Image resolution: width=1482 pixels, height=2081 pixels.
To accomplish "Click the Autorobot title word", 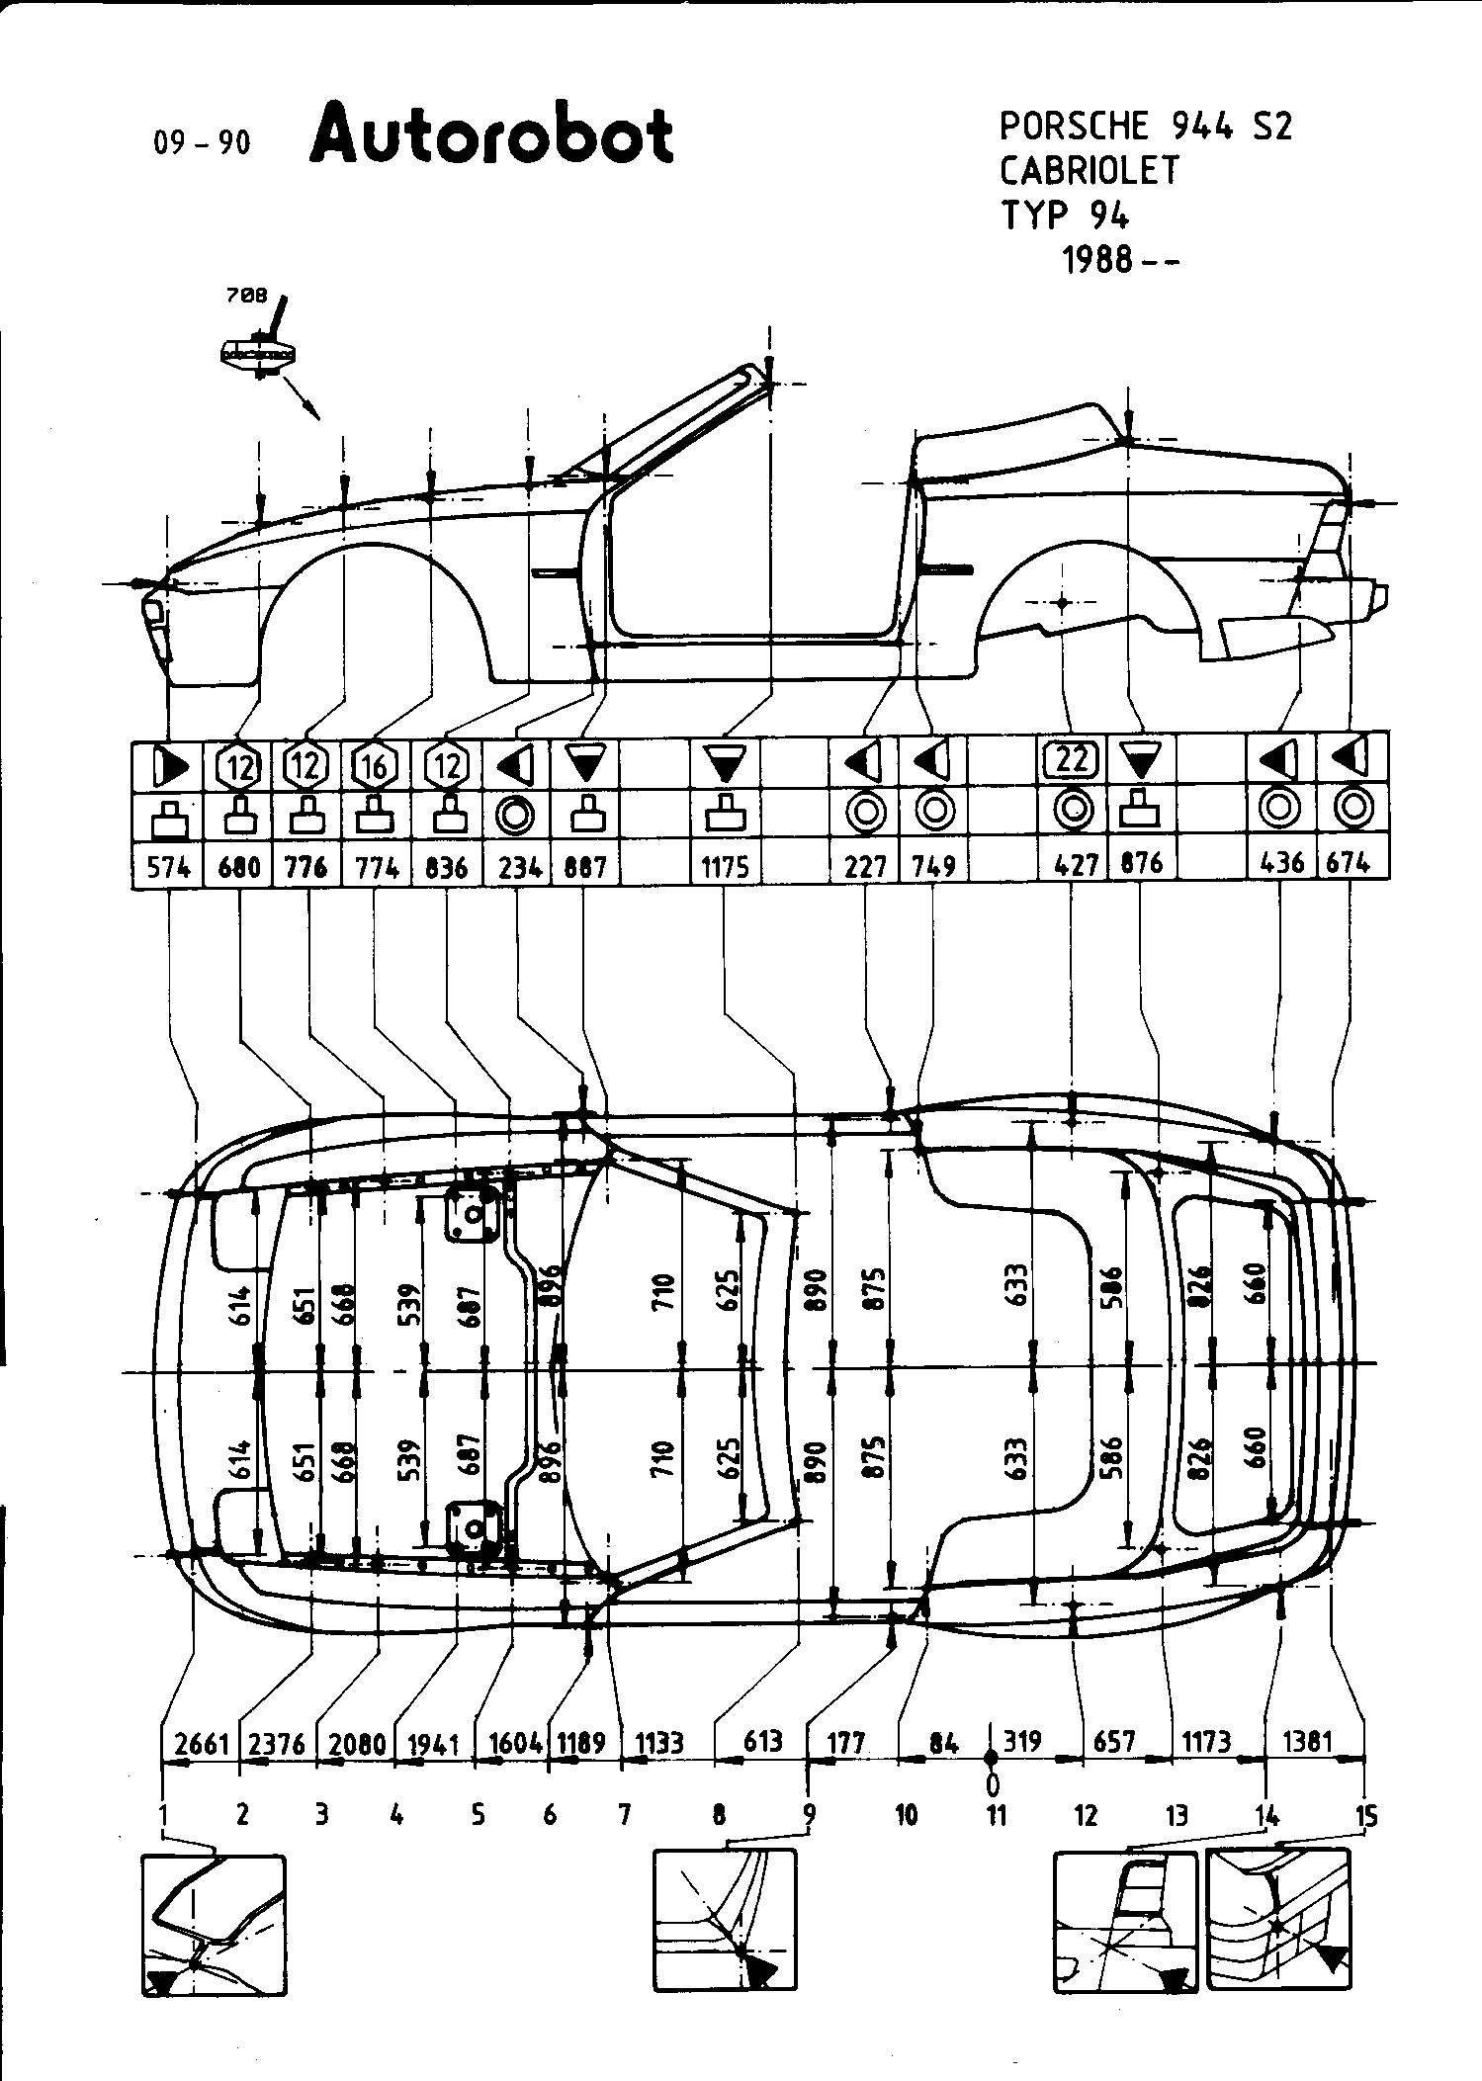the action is pos(491,136).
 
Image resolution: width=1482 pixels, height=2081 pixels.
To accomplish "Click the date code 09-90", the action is pos(203,143).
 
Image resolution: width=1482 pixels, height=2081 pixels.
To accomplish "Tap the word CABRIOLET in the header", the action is pos(1090,171).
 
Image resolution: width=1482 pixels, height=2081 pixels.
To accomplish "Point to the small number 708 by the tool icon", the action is pos(246,296).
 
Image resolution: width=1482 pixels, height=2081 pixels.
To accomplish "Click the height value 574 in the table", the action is pos(168,868).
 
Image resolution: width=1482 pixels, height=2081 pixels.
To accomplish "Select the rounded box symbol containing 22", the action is pos(1072,760).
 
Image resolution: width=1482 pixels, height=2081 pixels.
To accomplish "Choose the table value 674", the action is pos(1349,863).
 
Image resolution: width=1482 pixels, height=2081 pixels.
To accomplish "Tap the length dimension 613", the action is pos(762,1740).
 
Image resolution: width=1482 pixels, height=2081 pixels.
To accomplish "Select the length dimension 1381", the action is pos(1308,1740).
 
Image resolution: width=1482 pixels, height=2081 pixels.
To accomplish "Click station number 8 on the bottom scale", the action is pos(719,1815).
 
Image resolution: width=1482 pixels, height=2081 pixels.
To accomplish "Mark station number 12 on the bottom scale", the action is pos(1086,1815).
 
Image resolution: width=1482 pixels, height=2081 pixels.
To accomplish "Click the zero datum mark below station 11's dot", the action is pos(993,1783).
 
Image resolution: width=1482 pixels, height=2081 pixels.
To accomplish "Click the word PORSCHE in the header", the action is pos(1075,127).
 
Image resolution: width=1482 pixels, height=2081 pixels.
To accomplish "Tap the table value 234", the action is pos(520,868).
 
